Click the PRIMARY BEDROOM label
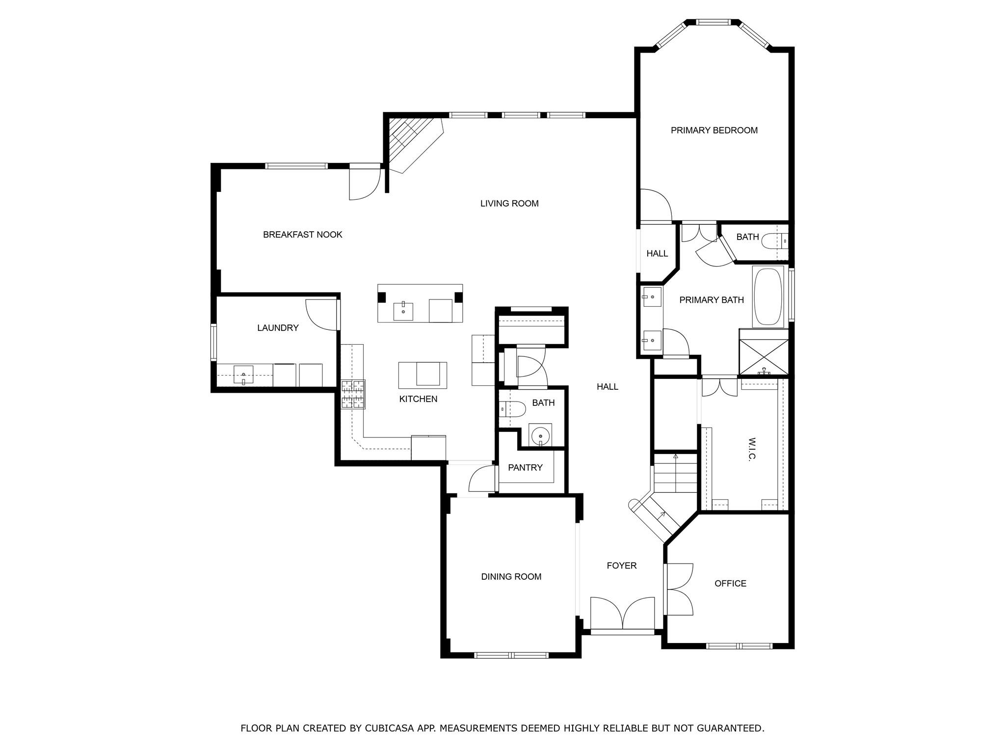[714, 130]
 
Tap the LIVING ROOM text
[509, 203]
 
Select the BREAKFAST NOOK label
[302, 235]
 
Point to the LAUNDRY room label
[278, 328]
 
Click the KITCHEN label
[418, 399]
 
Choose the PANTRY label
[525, 467]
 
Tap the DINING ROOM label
[511, 577]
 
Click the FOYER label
[622, 565]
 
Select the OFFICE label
[730, 583]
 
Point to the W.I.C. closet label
[751, 449]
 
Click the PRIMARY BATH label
[712, 300]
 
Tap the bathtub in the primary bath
[768, 296]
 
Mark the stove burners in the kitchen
[353, 394]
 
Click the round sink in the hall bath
[540, 435]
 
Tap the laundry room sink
[243, 375]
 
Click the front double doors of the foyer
[622, 614]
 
